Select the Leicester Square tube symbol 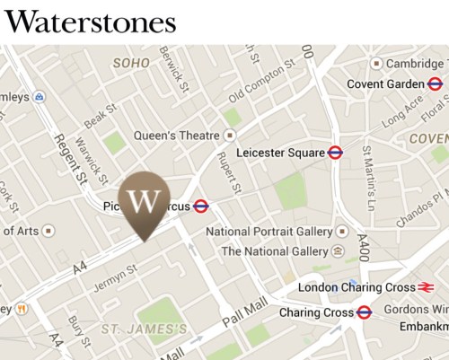336,153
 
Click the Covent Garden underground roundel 435,84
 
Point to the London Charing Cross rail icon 426,287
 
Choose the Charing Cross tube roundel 364,312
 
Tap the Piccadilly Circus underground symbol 201,206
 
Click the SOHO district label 131,64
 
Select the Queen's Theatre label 176,136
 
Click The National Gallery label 273,251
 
